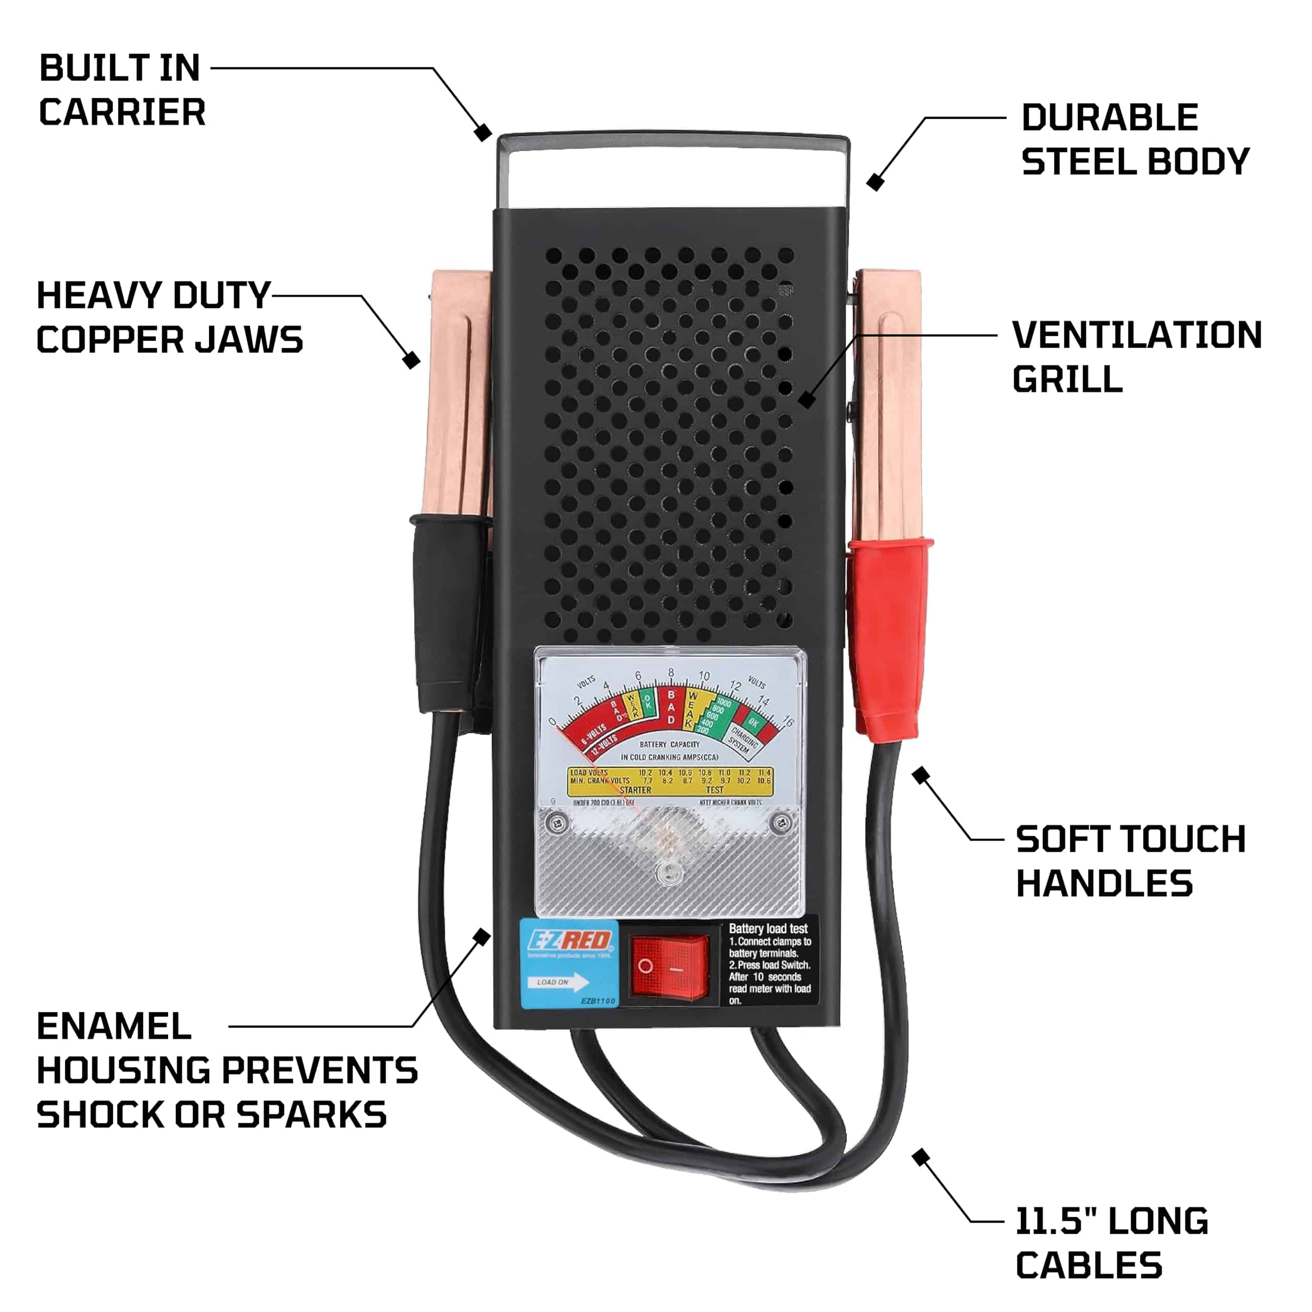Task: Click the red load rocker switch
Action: tap(668, 967)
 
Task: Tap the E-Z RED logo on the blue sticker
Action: tap(570, 940)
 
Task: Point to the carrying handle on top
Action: tap(673, 142)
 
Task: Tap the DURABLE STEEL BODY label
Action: tap(1135, 139)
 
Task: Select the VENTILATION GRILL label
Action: tap(1136, 357)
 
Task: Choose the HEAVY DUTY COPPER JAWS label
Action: tap(169, 317)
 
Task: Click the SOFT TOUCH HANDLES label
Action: tap(1130, 861)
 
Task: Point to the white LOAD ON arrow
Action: tap(558, 982)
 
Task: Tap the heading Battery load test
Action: tap(768, 928)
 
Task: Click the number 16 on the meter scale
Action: tap(788, 721)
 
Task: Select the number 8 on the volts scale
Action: tap(671, 673)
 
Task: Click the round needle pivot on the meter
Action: tap(668, 873)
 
